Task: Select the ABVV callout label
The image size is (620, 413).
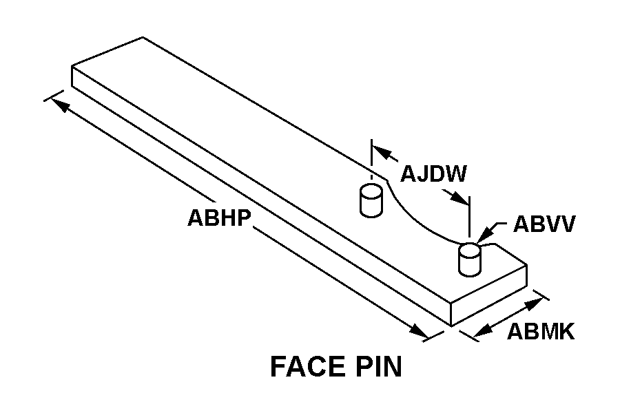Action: click(544, 225)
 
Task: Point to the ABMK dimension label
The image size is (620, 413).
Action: click(541, 332)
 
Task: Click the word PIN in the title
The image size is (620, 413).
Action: click(377, 367)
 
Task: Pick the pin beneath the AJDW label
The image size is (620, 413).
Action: click(371, 200)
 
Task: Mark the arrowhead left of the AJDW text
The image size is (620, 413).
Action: click(382, 153)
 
